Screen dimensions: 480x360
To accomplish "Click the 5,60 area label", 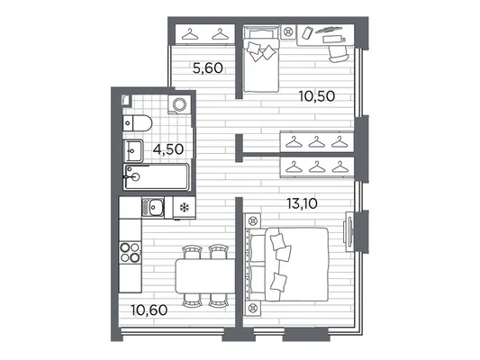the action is click(x=208, y=67).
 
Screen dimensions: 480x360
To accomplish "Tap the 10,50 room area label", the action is click(x=317, y=96).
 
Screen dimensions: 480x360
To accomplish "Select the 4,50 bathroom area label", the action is click(x=168, y=149).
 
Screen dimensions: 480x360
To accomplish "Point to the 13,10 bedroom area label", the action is click(x=303, y=203).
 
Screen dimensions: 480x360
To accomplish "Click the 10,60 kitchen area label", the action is click(x=149, y=310).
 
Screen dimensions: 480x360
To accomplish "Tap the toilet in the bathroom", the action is click(x=138, y=123).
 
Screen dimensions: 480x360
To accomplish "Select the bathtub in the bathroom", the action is click(x=156, y=176).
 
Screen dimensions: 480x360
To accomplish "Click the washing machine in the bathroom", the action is click(x=179, y=104).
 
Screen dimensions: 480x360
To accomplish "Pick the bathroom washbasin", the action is click(x=133, y=151).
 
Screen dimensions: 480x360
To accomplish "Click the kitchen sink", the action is click(x=153, y=208).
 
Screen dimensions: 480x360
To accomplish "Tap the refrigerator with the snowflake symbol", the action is click(x=185, y=208).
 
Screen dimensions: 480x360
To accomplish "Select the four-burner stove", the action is click(x=131, y=252).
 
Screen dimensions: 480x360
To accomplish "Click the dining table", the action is click(x=205, y=276).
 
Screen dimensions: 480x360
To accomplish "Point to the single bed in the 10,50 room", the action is click(x=261, y=58).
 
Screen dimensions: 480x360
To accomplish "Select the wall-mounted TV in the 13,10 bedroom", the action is click(x=349, y=231).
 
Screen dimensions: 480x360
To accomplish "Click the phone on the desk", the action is click(x=307, y=32).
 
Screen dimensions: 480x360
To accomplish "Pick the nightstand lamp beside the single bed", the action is click(x=288, y=31).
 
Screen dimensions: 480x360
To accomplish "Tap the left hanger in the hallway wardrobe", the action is click(x=190, y=34).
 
